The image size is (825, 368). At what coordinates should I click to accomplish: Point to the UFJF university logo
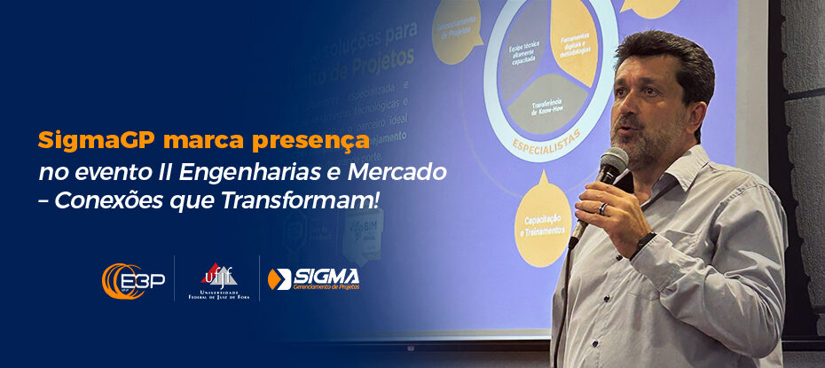[x=217, y=280]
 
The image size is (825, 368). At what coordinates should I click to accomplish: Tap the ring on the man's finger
[x=602, y=208]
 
